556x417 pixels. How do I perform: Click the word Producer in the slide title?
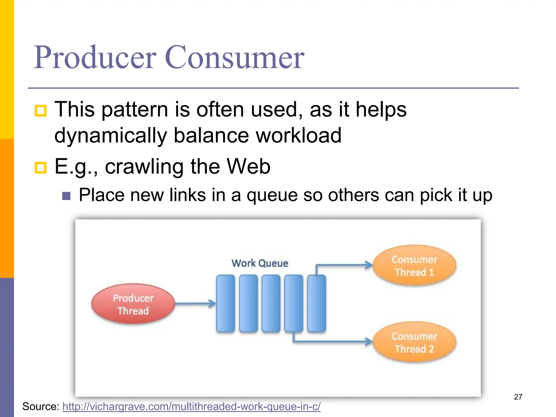(95, 58)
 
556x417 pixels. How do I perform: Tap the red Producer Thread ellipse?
(133, 304)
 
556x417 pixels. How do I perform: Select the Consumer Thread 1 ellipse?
(414, 266)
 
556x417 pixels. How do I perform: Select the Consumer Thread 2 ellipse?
(414, 342)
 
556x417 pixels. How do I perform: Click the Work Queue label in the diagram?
(260, 263)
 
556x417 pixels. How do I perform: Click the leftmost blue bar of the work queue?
(225, 303)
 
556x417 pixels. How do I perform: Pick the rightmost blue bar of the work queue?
(317, 303)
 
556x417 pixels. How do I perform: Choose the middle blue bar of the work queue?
(271, 303)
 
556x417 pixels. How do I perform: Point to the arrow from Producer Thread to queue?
(194, 304)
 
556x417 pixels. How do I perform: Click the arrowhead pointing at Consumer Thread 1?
(369, 265)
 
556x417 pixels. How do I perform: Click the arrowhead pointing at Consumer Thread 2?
(369, 341)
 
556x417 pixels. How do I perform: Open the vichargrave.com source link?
(191, 406)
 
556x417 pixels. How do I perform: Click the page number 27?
(518, 397)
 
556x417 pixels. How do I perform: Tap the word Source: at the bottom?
(41, 406)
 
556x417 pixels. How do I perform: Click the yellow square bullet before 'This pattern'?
(41, 111)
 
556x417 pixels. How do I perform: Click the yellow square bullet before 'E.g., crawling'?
(41, 168)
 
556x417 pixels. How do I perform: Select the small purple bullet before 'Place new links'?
(66, 196)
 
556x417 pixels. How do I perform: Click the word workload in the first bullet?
(299, 135)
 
